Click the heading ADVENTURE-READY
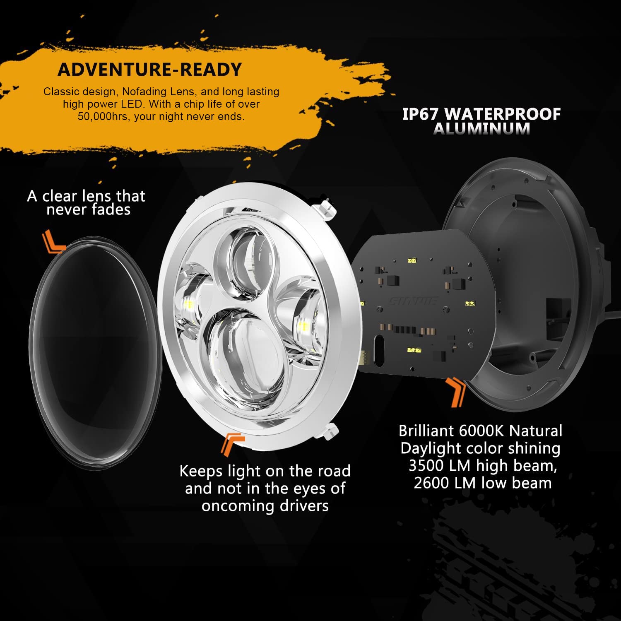pos(149,70)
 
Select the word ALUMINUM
pos(481,129)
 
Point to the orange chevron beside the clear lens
pos(54,242)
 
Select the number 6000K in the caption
pos(482,431)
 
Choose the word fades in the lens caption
pos(111,210)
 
